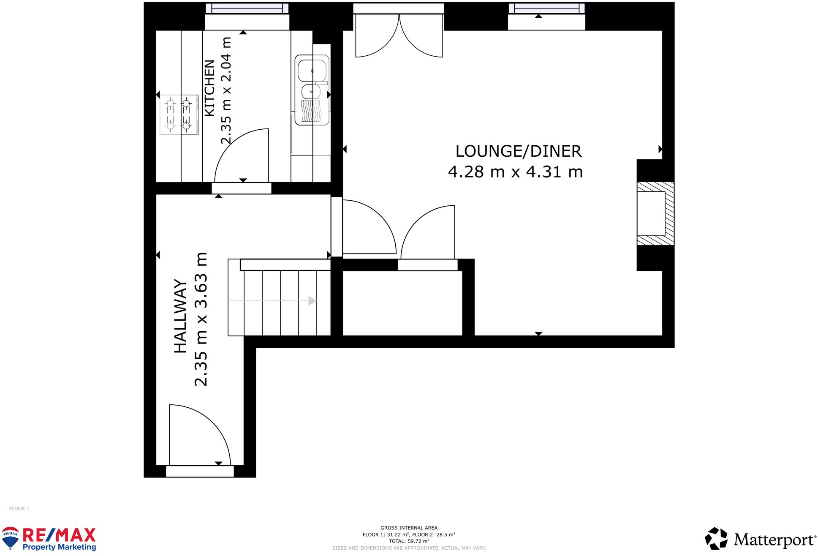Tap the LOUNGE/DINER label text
point(518,151)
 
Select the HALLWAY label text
point(180,316)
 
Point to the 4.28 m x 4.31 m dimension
point(515,172)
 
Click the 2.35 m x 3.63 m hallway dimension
point(201,319)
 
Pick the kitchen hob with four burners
point(179,114)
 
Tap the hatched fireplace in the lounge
point(655,214)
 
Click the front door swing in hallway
point(198,435)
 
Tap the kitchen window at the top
point(247,8)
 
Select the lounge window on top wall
point(546,8)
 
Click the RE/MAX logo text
point(59,536)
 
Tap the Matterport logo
point(760,540)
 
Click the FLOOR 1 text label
point(19,509)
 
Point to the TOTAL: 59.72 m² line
point(409,541)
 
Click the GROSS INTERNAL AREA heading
point(409,528)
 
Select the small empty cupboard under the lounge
point(402,303)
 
